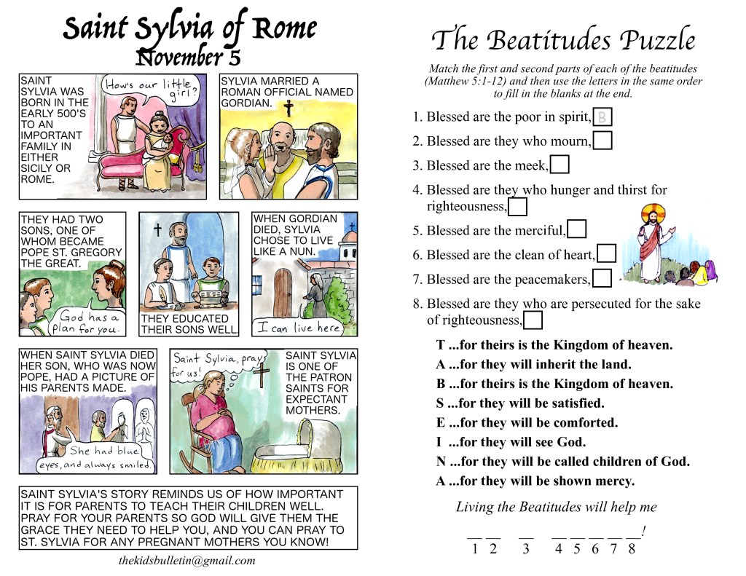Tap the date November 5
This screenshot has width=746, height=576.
click(189, 57)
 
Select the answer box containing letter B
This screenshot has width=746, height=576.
click(602, 117)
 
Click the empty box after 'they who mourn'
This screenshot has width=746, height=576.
click(602, 141)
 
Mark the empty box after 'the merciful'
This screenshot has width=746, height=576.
click(576, 230)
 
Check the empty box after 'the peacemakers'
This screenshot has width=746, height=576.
click(602, 279)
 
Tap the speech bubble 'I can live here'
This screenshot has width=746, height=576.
click(298, 328)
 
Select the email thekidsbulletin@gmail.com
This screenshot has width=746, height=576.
click(187, 561)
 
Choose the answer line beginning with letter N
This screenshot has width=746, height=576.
click(562, 462)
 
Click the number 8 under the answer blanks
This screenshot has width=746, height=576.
click(631, 549)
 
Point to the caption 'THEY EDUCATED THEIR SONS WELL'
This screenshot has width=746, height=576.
click(189, 324)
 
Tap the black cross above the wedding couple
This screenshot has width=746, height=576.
click(288, 108)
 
